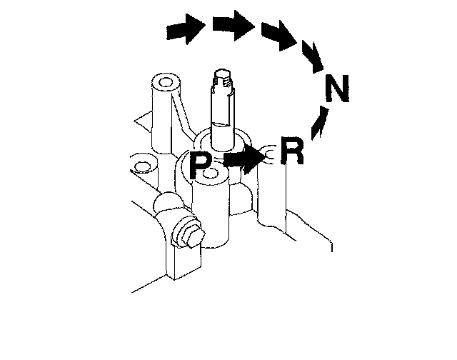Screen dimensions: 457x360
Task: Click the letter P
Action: (200, 165)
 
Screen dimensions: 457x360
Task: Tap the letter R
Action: (292, 151)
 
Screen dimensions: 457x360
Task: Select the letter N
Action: (337, 88)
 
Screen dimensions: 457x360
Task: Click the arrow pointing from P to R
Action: (244, 159)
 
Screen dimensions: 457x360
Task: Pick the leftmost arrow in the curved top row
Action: (186, 29)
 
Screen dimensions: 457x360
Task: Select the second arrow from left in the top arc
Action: (233, 26)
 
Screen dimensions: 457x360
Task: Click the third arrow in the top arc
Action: (279, 36)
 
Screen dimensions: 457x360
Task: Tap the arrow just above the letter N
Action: (313, 57)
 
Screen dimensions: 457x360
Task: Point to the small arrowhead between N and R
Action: (319, 123)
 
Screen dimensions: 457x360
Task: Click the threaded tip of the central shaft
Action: (223, 79)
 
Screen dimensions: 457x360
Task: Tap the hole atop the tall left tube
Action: (166, 82)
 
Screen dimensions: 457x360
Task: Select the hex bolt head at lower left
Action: (189, 235)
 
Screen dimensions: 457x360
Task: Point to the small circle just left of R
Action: (268, 154)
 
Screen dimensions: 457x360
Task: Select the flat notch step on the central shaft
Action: (223, 124)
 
